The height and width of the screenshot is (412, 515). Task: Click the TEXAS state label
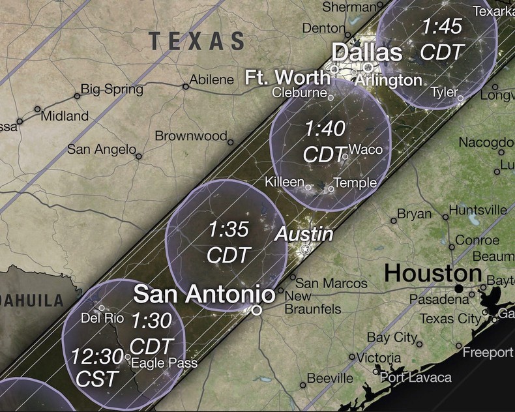[197, 41]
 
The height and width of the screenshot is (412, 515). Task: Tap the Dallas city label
[367, 52]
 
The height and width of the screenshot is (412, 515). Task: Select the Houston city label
[433, 273]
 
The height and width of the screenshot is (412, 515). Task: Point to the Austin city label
[304, 234]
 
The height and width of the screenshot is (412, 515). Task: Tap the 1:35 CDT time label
[228, 241]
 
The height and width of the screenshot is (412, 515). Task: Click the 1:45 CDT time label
[442, 38]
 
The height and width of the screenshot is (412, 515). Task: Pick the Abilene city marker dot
[185, 86]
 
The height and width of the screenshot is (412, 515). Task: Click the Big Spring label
[111, 89]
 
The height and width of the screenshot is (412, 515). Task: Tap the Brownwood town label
[190, 136]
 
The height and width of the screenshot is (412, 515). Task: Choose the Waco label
[366, 149]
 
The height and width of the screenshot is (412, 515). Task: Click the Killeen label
[284, 181]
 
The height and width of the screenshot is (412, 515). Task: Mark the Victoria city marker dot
[352, 357]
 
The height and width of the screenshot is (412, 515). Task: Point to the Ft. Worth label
[286, 76]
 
